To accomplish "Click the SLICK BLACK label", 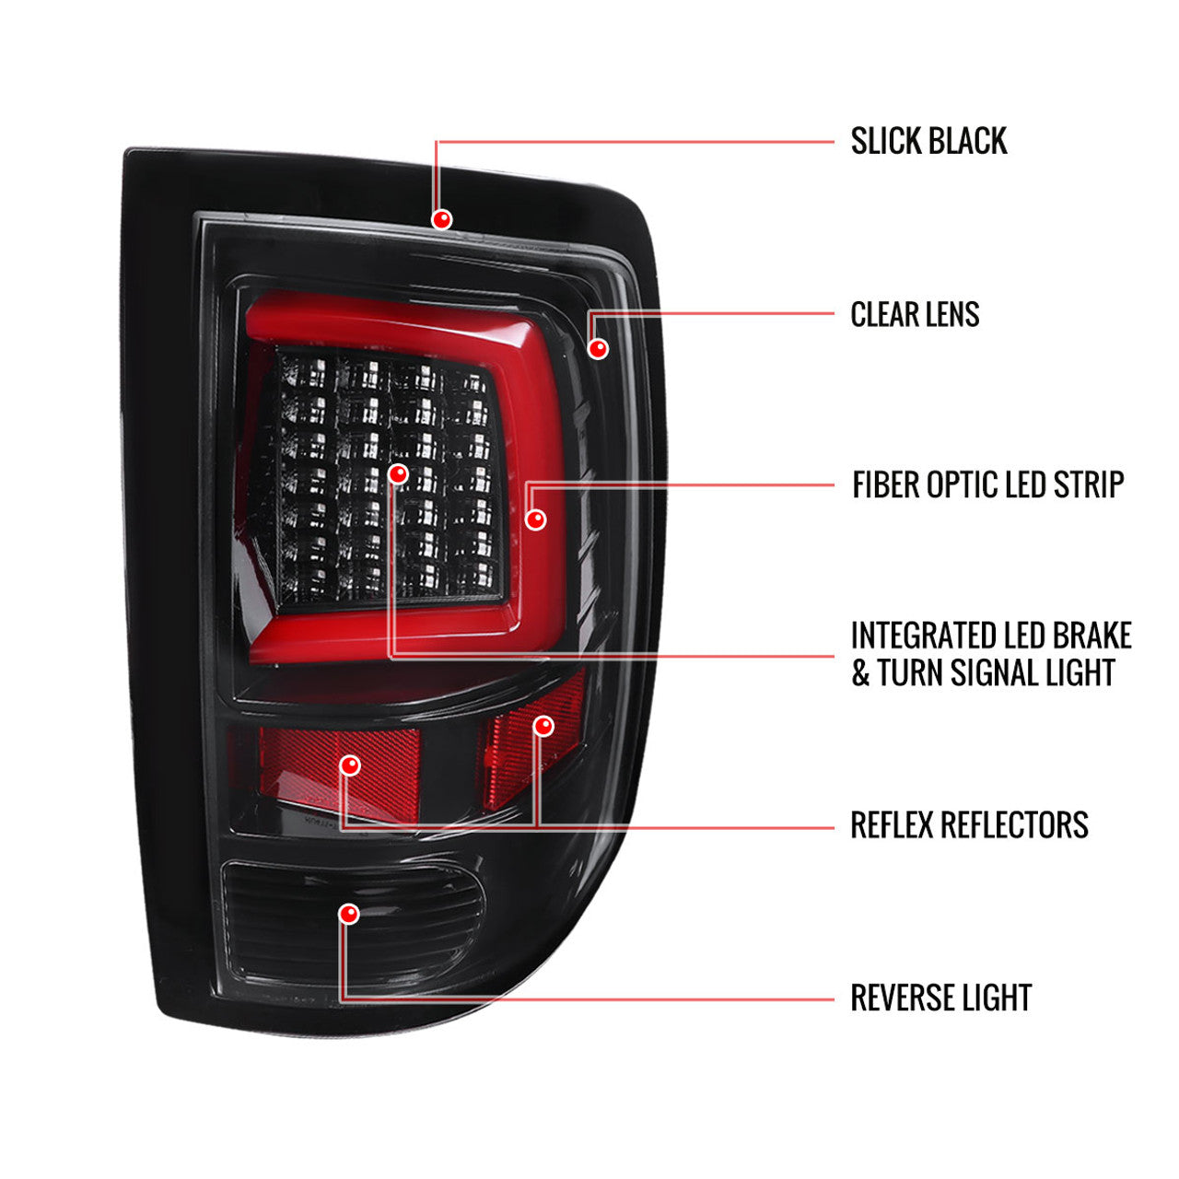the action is tap(928, 141).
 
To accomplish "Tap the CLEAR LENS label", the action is tap(915, 314).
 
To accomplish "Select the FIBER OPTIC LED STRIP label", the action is tap(988, 484).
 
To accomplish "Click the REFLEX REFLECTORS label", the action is tap(969, 824).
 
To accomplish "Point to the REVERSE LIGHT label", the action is tap(941, 998).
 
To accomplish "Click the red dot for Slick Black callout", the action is tap(441, 219).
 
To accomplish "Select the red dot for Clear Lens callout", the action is tap(598, 348).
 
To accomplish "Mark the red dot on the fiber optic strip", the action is tap(535, 519).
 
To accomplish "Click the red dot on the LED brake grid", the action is tap(398, 473).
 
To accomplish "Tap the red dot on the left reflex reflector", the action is tap(350, 765).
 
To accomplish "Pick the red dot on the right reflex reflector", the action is tap(543, 726).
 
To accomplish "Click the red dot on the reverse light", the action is tap(349, 914).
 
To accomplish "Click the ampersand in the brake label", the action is tap(860, 672).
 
